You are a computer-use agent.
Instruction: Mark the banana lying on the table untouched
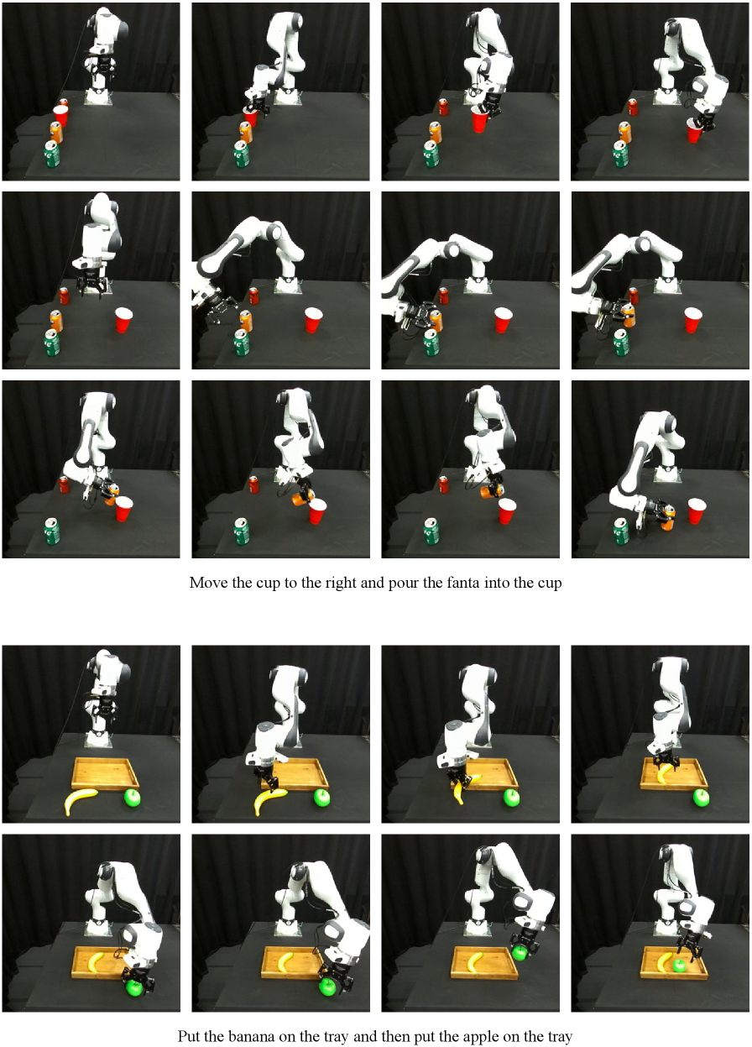(80, 800)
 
